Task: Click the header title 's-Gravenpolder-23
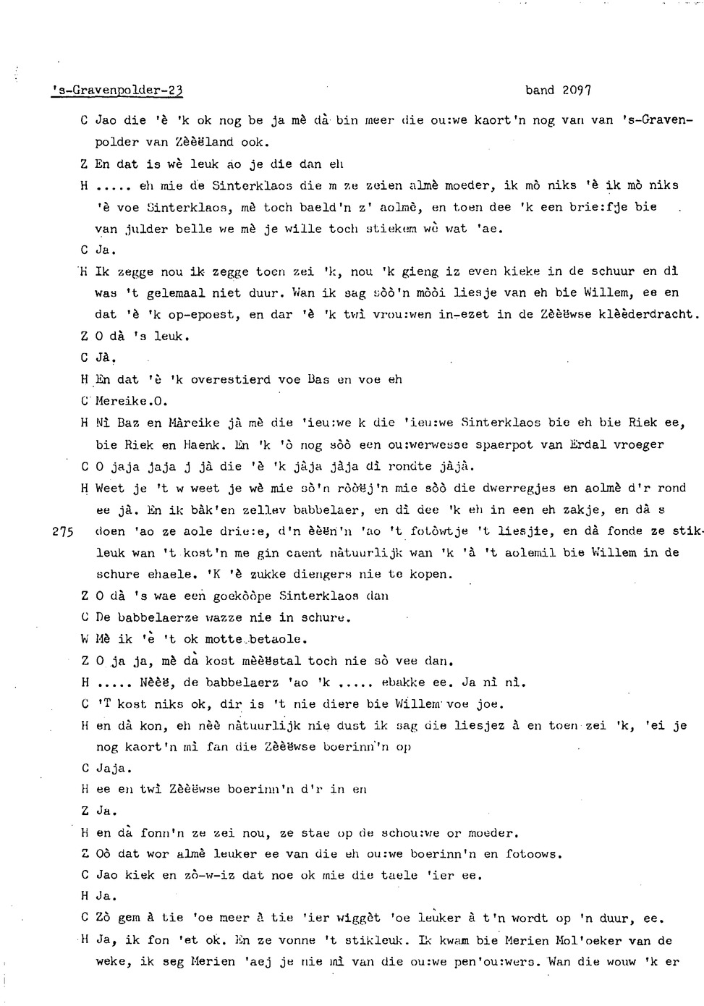[116, 90]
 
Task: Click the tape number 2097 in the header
[575, 90]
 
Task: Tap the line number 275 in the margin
[64, 531]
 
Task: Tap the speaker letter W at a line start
[85, 639]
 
